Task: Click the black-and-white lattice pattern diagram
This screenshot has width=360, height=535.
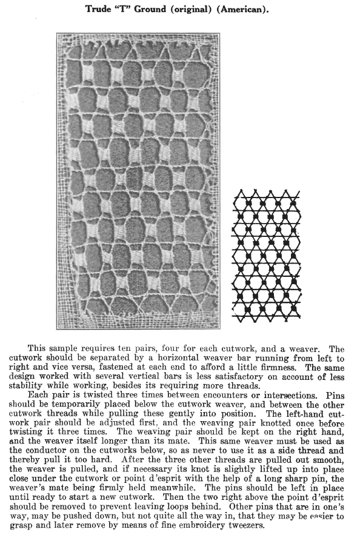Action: point(267,254)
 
